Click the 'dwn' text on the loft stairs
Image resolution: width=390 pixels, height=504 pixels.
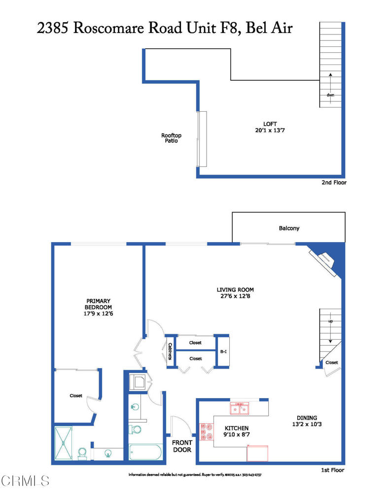click(330, 95)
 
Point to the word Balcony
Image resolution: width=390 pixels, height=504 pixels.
click(289, 228)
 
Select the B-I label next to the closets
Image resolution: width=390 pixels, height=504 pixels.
click(223, 352)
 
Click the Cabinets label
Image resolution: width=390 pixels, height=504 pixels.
click(170, 351)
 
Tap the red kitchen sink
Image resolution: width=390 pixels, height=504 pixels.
click(240, 409)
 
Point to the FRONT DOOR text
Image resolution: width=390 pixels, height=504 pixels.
click(181, 446)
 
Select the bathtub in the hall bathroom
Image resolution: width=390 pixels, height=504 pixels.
click(145, 452)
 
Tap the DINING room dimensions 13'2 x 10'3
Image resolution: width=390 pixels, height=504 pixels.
click(307, 425)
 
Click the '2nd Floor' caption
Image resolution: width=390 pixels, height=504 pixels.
click(333, 183)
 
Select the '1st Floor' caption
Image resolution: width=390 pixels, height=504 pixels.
click(332, 471)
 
